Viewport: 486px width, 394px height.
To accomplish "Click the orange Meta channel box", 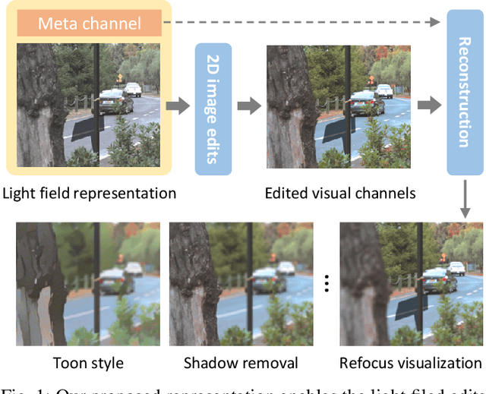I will click(90, 24).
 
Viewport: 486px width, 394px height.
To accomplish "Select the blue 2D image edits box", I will click(213, 109).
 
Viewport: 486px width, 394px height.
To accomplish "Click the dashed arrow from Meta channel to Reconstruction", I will click(304, 23).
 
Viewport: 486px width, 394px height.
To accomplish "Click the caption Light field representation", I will click(89, 193).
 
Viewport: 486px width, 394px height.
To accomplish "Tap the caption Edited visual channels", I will click(339, 193).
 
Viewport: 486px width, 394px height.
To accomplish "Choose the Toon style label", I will click(88, 362).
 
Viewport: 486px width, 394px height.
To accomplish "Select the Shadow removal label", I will click(241, 362).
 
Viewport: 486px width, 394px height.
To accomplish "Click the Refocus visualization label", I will click(411, 362).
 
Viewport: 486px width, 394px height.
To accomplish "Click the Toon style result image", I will click(88, 285).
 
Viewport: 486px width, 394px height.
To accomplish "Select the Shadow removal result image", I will click(241, 285).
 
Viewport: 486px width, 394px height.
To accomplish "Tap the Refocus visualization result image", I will click(411, 285).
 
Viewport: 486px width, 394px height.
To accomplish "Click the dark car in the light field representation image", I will click(115, 102).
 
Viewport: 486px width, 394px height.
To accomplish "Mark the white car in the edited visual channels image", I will click(383, 90).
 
